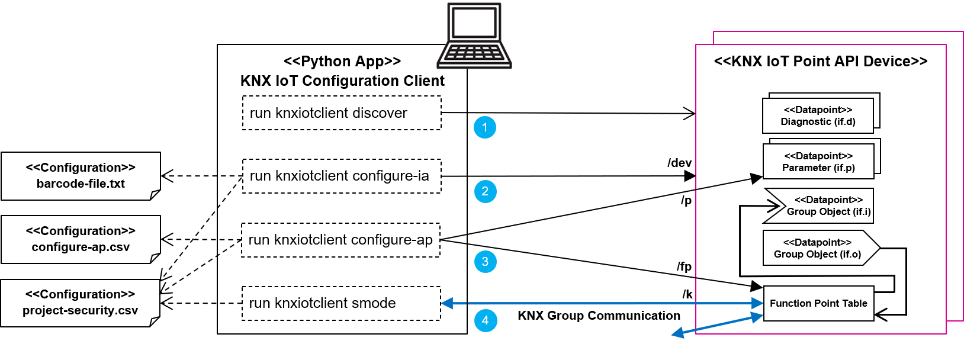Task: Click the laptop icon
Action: pyautogui.click(x=474, y=36)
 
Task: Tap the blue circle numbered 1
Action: pyautogui.click(x=485, y=127)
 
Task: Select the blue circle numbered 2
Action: pyautogui.click(x=486, y=191)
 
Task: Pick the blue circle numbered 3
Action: pyautogui.click(x=486, y=262)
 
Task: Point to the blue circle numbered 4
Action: pyautogui.click(x=486, y=320)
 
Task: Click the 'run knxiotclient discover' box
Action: pyautogui.click(x=342, y=112)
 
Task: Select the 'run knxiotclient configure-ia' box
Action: pyautogui.click(x=342, y=176)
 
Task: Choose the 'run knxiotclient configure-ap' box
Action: pyautogui.click(x=340, y=240)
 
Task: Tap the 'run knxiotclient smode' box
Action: pyautogui.click(x=341, y=303)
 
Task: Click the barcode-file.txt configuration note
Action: pyautogui.click(x=81, y=176)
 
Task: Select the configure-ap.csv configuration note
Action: pyautogui.click(x=81, y=240)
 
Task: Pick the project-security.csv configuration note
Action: pyautogui.click(x=81, y=303)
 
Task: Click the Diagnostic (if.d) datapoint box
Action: pyautogui.click(x=818, y=115)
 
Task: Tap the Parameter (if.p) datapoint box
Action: pyautogui.click(x=818, y=161)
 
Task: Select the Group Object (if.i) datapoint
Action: pyautogui.click(x=818, y=205)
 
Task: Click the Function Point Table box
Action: pyautogui.click(x=818, y=303)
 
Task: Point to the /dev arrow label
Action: pyautogui.click(x=680, y=163)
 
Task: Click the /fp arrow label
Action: pyautogui.click(x=685, y=266)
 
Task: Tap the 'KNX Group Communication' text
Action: pyautogui.click(x=599, y=315)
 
